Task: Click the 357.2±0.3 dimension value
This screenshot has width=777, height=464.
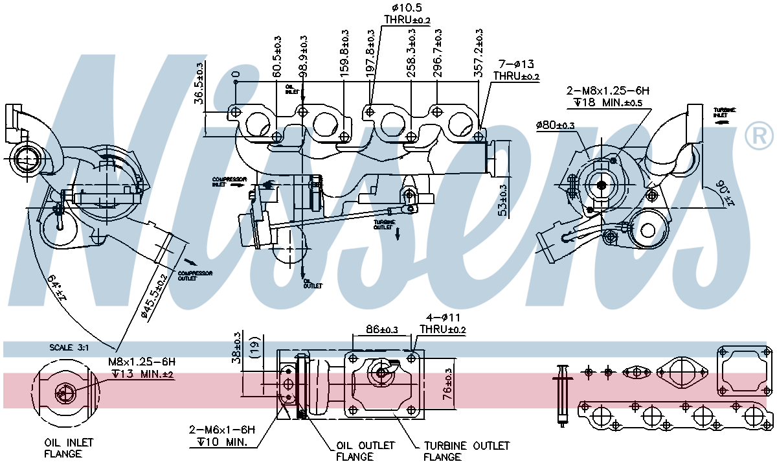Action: pos(480,53)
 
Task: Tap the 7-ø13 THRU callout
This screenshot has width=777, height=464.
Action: pos(515,70)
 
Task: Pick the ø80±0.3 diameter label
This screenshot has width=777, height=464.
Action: pos(555,125)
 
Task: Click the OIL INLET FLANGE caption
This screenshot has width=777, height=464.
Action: pos(69,448)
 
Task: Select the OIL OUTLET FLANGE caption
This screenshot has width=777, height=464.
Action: pos(365,451)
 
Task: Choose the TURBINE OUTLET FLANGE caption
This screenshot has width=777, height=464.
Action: pos(466,451)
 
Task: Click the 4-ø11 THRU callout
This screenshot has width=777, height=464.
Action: pos(442,323)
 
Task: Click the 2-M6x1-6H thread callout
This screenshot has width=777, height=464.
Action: pos(222,435)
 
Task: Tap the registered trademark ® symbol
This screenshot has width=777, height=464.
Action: pos(759,135)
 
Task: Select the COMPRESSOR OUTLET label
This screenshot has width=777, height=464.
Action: pos(194,277)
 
